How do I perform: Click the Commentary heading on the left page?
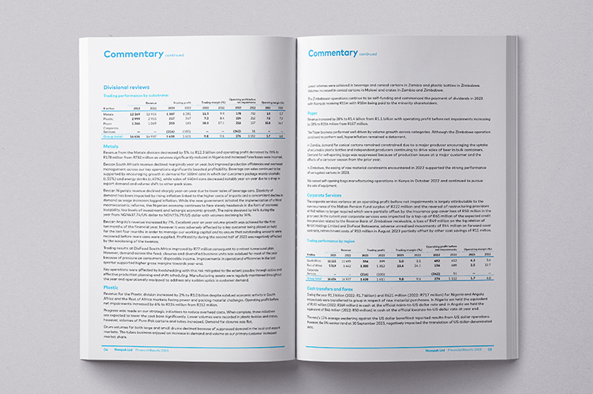(x=133, y=54)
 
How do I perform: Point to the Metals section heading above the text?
(x=111, y=146)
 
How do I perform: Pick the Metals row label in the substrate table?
(x=109, y=114)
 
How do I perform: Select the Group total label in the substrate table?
(x=113, y=137)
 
